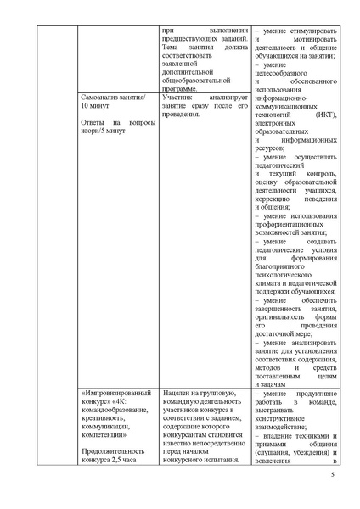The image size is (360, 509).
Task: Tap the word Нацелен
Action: point(177,395)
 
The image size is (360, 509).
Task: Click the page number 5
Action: point(333,484)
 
